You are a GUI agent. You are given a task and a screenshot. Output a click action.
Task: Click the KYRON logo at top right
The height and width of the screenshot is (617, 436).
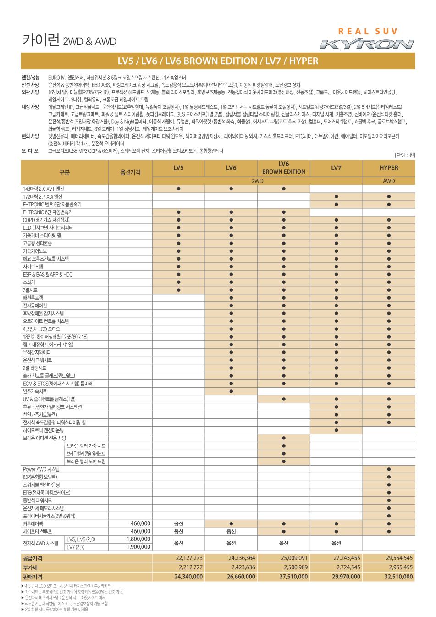coord(367,44)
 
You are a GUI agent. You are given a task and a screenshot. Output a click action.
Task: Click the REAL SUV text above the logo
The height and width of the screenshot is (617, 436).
coord(368,32)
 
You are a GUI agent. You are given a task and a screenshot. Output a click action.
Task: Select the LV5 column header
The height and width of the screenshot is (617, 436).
coord(179,168)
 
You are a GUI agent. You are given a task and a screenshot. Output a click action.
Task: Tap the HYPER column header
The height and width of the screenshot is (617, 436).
coord(389,168)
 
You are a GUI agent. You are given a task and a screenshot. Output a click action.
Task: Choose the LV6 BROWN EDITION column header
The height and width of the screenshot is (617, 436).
coord(283,168)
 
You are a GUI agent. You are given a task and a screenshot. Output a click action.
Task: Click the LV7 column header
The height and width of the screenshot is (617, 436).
coord(336,168)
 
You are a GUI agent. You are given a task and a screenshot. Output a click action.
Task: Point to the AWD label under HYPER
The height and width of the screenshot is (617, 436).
coord(389,181)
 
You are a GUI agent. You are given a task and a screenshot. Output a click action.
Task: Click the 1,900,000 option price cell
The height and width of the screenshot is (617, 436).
coord(138,547)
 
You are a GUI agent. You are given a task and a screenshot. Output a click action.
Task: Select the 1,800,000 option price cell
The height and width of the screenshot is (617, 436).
coord(138,539)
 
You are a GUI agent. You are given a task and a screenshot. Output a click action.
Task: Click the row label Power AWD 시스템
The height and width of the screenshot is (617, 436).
coord(41,469)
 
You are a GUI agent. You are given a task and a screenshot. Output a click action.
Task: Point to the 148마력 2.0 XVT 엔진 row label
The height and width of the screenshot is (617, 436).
coord(44,189)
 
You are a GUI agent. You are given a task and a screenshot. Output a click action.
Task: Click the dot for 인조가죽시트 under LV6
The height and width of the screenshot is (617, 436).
coord(231,391)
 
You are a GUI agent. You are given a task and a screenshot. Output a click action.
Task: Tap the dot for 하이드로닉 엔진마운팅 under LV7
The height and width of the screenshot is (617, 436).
coord(336,430)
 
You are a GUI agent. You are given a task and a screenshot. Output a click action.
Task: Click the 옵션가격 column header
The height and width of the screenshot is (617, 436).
coord(130,172)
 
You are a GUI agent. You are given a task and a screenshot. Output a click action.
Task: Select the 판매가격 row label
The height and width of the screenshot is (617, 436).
coord(32,577)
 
